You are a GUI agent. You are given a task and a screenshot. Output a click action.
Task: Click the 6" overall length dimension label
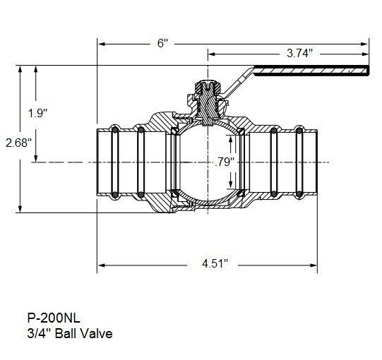coord(162,44)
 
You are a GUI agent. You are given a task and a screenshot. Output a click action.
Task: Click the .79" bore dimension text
coord(225,162)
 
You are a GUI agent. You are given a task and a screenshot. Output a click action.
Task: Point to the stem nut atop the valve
coord(207,92)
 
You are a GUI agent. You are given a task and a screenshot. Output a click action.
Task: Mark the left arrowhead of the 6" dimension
coord(101,44)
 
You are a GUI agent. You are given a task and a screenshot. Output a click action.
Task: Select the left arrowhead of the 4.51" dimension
coord(101,265)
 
